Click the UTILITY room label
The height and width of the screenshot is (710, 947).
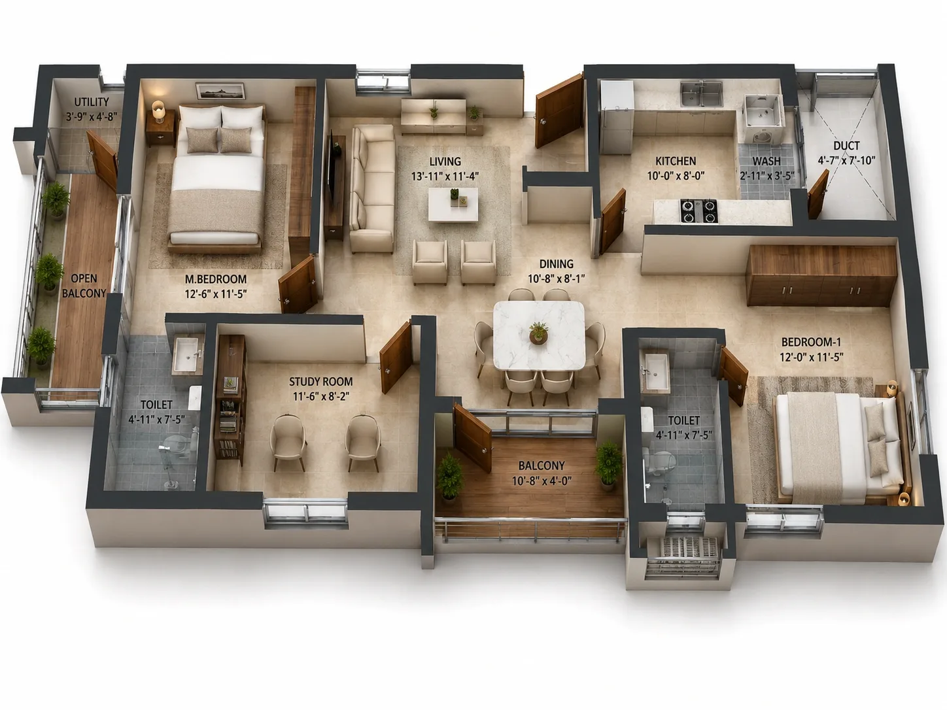[x=92, y=102]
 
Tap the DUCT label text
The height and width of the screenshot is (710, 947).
[x=846, y=146]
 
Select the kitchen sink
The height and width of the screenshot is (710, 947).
[x=702, y=95]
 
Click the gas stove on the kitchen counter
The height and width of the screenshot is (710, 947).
[x=699, y=211]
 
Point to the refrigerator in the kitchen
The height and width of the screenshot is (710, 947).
[x=617, y=116]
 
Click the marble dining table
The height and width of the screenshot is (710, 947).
[x=540, y=335]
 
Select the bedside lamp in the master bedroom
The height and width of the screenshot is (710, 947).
[x=159, y=111]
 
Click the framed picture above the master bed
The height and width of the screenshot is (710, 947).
[x=220, y=91]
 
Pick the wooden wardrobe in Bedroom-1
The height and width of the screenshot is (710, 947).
[x=821, y=275]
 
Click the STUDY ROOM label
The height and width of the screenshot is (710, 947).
[x=320, y=382]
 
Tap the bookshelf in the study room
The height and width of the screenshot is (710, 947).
[x=230, y=399]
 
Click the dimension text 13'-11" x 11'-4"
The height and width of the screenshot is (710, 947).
[x=445, y=176]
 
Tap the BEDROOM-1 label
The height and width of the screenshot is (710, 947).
[x=811, y=343]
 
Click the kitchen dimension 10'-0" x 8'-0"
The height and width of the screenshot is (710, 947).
[x=676, y=176]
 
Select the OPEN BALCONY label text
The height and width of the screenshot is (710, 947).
[x=84, y=286]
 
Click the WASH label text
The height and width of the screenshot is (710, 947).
[x=766, y=161]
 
